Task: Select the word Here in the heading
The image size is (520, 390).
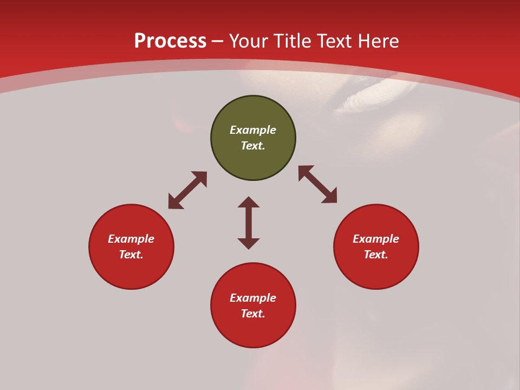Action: tap(378, 41)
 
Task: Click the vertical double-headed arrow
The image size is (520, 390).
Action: tap(249, 223)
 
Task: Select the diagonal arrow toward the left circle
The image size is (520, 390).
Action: tap(187, 190)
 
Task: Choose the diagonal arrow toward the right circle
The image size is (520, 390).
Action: tap(317, 184)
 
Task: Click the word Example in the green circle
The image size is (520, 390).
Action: tap(253, 130)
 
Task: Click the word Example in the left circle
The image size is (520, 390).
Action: tap(131, 239)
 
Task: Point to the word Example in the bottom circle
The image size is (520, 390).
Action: tap(253, 298)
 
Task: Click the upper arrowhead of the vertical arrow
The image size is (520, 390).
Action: tap(249, 202)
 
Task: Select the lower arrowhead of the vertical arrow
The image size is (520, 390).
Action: tap(249, 243)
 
